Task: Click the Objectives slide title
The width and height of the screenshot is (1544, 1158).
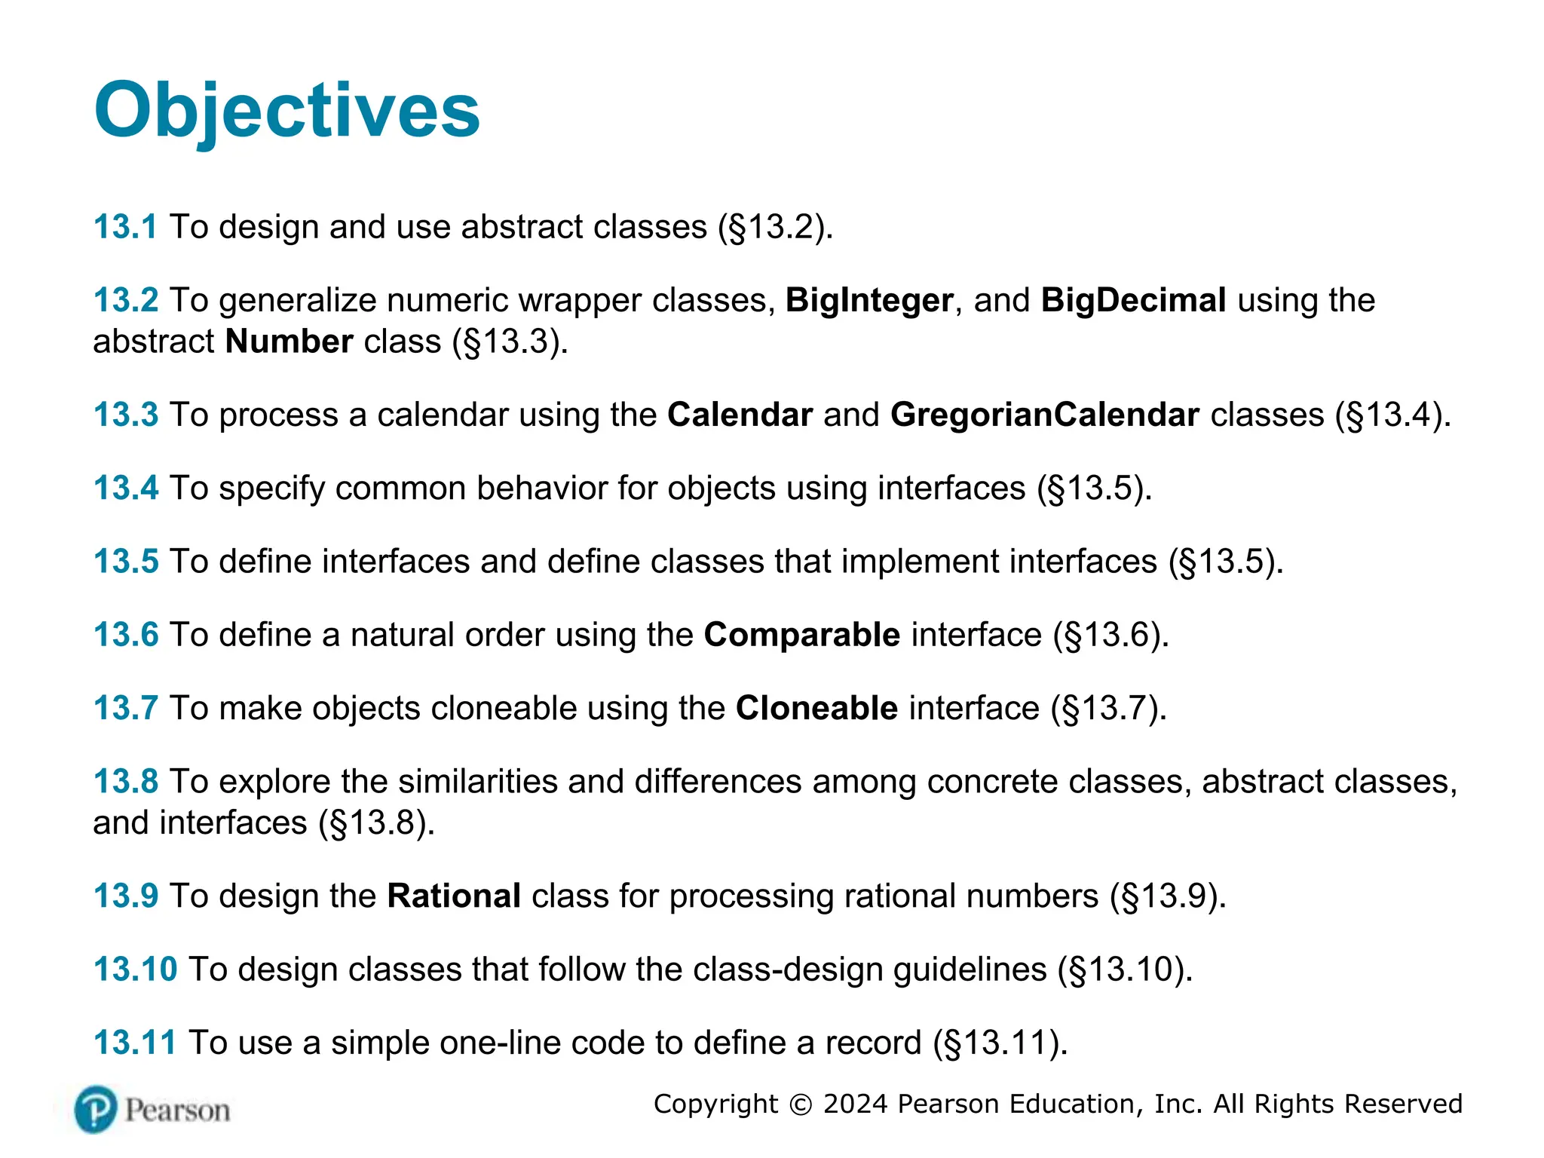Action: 286,111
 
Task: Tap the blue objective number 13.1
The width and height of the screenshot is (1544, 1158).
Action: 125,227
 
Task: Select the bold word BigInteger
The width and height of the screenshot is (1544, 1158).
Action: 869,301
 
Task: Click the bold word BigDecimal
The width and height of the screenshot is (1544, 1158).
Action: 1133,301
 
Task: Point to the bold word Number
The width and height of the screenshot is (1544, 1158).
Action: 289,342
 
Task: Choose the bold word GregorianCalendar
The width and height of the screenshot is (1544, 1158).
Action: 1044,415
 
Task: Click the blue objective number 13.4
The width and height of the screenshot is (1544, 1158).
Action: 126,489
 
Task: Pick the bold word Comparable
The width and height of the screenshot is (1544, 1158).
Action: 801,635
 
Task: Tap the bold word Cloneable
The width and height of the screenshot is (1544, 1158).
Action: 816,709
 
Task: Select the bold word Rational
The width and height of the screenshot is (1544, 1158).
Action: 454,896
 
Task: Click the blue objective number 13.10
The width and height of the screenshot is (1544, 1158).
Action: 135,970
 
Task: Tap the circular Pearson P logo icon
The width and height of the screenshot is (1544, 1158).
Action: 96,1110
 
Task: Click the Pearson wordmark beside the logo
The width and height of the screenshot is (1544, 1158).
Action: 177,1111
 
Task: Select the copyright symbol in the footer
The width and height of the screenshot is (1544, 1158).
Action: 800,1104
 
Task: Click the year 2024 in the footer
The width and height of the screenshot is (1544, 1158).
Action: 856,1104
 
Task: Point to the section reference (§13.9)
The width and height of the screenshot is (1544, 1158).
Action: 1168,896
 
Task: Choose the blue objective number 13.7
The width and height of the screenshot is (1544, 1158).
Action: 125,709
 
